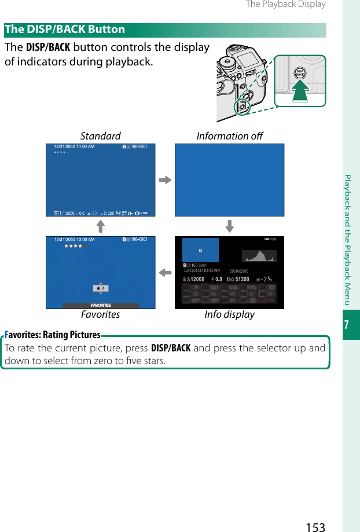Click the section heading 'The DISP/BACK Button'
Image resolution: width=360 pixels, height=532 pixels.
point(65,30)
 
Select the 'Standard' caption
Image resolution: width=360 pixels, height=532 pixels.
point(100,136)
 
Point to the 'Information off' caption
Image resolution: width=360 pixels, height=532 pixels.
point(229,136)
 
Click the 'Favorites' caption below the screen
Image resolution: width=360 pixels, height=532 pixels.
point(100,314)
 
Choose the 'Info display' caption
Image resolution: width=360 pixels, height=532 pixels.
point(229,314)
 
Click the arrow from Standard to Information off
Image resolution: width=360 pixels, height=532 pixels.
point(165,179)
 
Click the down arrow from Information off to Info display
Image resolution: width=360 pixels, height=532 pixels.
point(229,226)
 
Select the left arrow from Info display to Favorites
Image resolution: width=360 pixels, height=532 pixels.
point(165,272)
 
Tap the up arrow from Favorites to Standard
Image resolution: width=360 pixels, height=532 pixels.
point(100,226)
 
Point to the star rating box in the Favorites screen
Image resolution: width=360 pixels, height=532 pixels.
point(101,288)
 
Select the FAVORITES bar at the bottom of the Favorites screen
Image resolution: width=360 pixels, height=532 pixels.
point(101,305)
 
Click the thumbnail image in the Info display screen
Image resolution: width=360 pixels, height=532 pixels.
point(200,250)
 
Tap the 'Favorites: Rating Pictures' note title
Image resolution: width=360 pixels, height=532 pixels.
point(53,335)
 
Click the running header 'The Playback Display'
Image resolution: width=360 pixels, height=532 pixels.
point(285,5)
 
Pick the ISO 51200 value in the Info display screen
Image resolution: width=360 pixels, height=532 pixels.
point(237,279)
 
